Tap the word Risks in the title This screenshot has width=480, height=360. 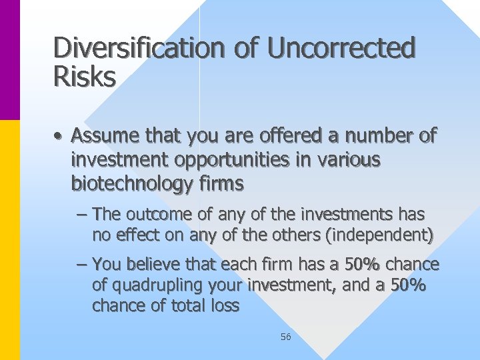click(84, 77)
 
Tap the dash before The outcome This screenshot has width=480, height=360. click(81, 215)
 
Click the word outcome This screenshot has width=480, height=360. click(155, 215)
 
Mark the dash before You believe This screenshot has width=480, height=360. click(81, 265)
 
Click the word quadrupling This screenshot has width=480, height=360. click(153, 285)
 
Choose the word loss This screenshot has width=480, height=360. click(223, 305)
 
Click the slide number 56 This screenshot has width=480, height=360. click(285, 337)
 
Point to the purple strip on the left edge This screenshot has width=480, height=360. click(10, 60)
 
